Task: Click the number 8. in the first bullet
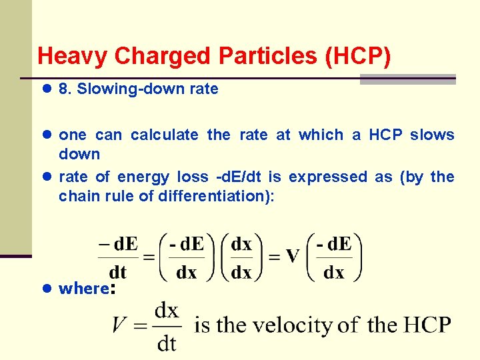click(65, 89)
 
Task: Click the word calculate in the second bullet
click(164, 135)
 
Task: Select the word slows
click(432, 135)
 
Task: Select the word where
click(84, 289)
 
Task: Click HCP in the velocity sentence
click(427, 325)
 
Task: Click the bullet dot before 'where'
click(46, 289)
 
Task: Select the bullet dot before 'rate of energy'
click(46, 177)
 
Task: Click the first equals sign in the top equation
click(148, 257)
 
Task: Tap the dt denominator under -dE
click(118, 272)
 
